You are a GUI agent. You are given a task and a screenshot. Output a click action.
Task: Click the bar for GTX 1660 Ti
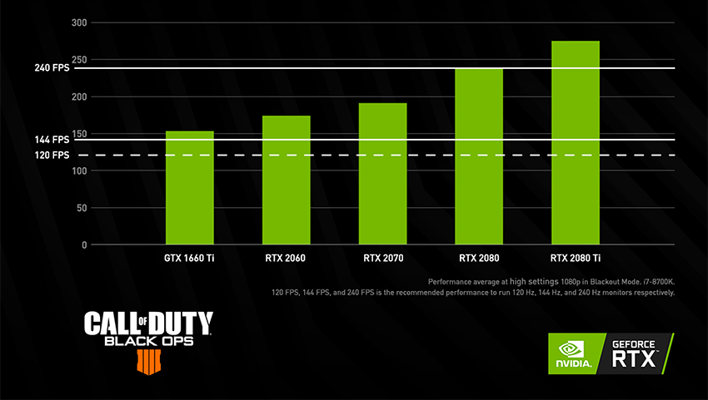pyautogui.click(x=190, y=187)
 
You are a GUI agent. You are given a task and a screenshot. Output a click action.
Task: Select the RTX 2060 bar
pyautogui.click(x=286, y=180)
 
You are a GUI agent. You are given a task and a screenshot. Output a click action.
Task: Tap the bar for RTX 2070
pyautogui.click(x=382, y=173)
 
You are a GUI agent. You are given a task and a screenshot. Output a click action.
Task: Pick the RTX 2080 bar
pyautogui.click(x=479, y=156)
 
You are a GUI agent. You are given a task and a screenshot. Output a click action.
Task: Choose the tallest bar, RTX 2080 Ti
pyautogui.click(x=575, y=142)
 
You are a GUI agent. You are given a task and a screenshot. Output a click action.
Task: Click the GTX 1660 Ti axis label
pyautogui.click(x=190, y=259)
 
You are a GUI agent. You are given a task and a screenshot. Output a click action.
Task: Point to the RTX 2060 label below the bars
pyautogui.click(x=286, y=259)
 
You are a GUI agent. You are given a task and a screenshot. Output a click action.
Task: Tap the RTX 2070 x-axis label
pyautogui.click(x=383, y=259)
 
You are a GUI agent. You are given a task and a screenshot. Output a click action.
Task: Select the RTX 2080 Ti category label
pyautogui.click(x=576, y=259)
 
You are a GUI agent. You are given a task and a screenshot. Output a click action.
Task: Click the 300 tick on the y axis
pyautogui.click(x=79, y=22)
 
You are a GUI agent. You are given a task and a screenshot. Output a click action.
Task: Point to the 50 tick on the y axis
pyautogui.click(x=81, y=208)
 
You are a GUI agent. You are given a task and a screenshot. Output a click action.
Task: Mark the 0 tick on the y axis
pyautogui.click(x=84, y=245)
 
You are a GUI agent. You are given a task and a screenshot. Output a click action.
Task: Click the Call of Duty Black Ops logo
pyautogui.click(x=148, y=330)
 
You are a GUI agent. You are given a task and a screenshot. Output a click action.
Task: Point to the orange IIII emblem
pyautogui.click(x=147, y=360)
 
